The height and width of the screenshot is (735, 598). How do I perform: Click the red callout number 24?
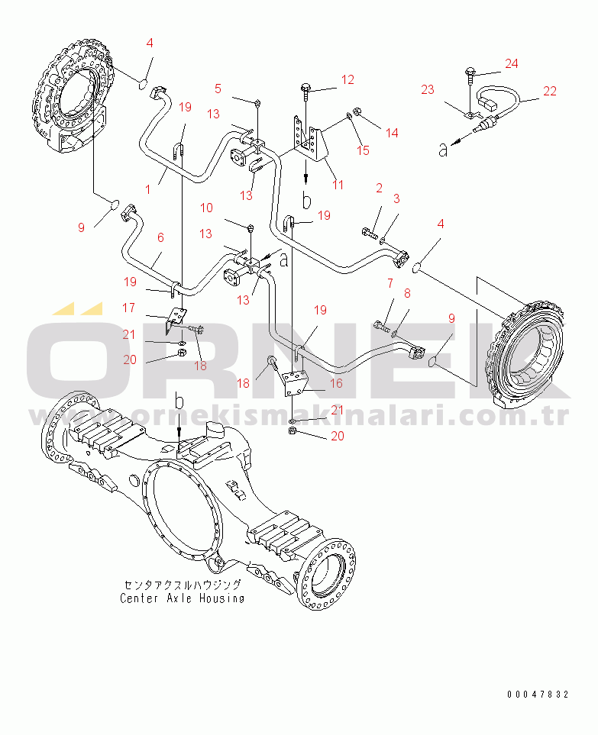click(511, 63)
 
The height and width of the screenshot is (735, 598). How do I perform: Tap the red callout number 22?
click(550, 91)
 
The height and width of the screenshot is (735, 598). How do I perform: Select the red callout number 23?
click(427, 89)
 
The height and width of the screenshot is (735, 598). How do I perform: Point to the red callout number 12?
click(347, 79)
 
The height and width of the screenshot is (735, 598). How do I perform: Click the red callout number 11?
click(338, 185)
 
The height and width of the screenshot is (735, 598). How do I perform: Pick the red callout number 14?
click(392, 133)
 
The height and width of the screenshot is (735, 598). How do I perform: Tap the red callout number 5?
click(218, 89)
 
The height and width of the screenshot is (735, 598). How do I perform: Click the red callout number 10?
click(206, 208)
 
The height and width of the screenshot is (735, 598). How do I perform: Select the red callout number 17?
click(128, 308)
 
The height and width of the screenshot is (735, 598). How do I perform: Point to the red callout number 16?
click(336, 383)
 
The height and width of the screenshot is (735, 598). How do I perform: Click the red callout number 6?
click(160, 237)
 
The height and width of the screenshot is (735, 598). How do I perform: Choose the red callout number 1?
click(147, 189)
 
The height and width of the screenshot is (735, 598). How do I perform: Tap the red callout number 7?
click(390, 283)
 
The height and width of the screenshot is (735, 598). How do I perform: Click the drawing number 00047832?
click(538, 695)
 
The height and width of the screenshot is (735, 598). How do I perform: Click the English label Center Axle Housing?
click(182, 598)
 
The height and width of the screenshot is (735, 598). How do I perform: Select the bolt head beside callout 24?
click(470, 71)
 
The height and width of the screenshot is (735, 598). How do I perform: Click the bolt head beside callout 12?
click(305, 88)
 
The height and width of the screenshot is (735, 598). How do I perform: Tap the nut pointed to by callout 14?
click(356, 111)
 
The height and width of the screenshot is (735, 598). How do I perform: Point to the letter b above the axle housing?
click(179, 401)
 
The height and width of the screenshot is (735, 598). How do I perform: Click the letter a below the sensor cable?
click(443, 150)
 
